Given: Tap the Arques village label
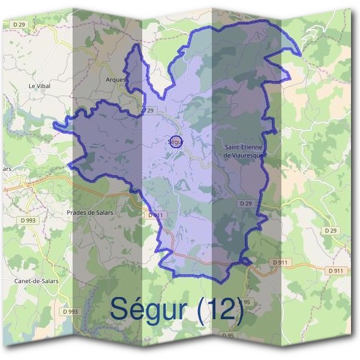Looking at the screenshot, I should pos(115,79).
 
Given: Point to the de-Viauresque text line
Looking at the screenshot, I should pos(244,155).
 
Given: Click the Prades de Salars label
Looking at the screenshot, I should pos(90,212).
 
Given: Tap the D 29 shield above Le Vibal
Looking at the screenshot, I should pos(20,23).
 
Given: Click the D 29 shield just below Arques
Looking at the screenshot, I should pos(148,110).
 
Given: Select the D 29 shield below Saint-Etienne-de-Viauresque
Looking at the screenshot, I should pos(245,203).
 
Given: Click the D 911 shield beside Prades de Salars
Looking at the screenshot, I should pos(155,215).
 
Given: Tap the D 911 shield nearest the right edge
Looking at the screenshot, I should pos(337,271).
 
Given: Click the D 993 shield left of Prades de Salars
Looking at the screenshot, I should pos(28,220).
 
